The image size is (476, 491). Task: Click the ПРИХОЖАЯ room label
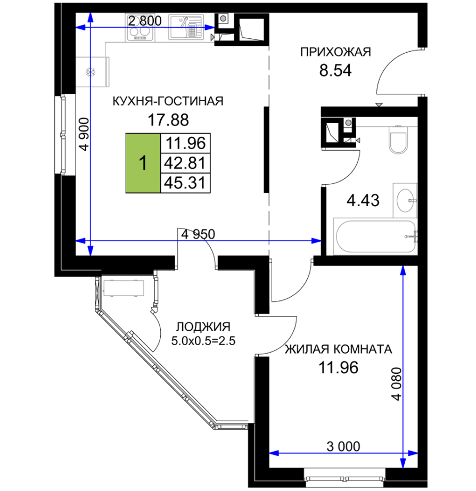pyautogui.click(x=335, y=52)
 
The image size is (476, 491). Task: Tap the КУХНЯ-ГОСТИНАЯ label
pyautogui.click(x=168, y=101)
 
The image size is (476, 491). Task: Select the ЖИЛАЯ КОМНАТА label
pyautogui.click(x=338, y=349)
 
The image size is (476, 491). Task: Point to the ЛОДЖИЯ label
pyautogui.click(x=203, y=327)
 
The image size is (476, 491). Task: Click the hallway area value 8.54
pyautogui.click(x=335, y=70)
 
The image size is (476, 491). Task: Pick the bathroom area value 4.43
pyautogui.click(x=363, y=200)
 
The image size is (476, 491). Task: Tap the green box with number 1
pyautogui.click(x=143, y=163)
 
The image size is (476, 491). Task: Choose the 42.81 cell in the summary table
pyautogui.click(x=185, y=163)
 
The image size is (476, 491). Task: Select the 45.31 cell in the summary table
pyautogui.click(x=185, y=183)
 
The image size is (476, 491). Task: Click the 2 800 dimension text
pyautogui.click(x=145, y=21)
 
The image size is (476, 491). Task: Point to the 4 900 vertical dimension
pyautogui.click(x=85, y=134)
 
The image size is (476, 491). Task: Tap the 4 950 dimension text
pyautogui.click(x=198, y=234)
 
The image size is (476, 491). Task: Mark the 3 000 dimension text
pyautogui.click(x=343, y=447)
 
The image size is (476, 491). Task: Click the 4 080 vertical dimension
pyautogui.click(x=397, y=384)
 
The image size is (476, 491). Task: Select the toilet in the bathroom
pyautogui.click(x=398, y=140)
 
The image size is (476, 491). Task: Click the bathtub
pyautogui.click(x=375, y=236)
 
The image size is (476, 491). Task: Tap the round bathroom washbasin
pyautogui.click(x=406, y=200)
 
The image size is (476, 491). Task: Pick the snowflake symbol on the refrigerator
pyautogui.click(x=91, y=72)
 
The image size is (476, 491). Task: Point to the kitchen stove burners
pyautogui.click(x=140, y=31)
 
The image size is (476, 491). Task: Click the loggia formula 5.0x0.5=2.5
pyautogui.click(x=203, y=341)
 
